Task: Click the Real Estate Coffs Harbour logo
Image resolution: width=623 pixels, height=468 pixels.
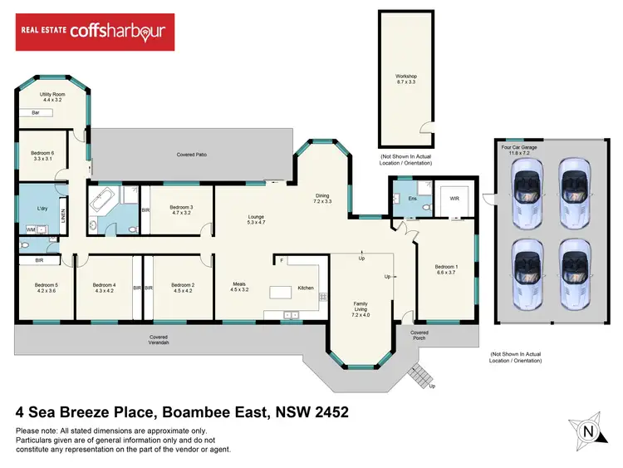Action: coord(96,32)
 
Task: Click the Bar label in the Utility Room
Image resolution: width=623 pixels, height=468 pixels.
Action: coord(36,112)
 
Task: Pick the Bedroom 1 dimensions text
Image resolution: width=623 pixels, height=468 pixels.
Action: coord(446,271)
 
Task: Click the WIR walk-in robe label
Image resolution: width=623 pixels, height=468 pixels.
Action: coord(454,199)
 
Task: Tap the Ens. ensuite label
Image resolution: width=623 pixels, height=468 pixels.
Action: coord(400,199)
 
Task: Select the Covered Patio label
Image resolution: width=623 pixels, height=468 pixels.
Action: coord(191,155)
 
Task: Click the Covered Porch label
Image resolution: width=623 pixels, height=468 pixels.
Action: coord(419,335)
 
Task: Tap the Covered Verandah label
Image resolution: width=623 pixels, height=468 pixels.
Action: coord(159,340)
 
